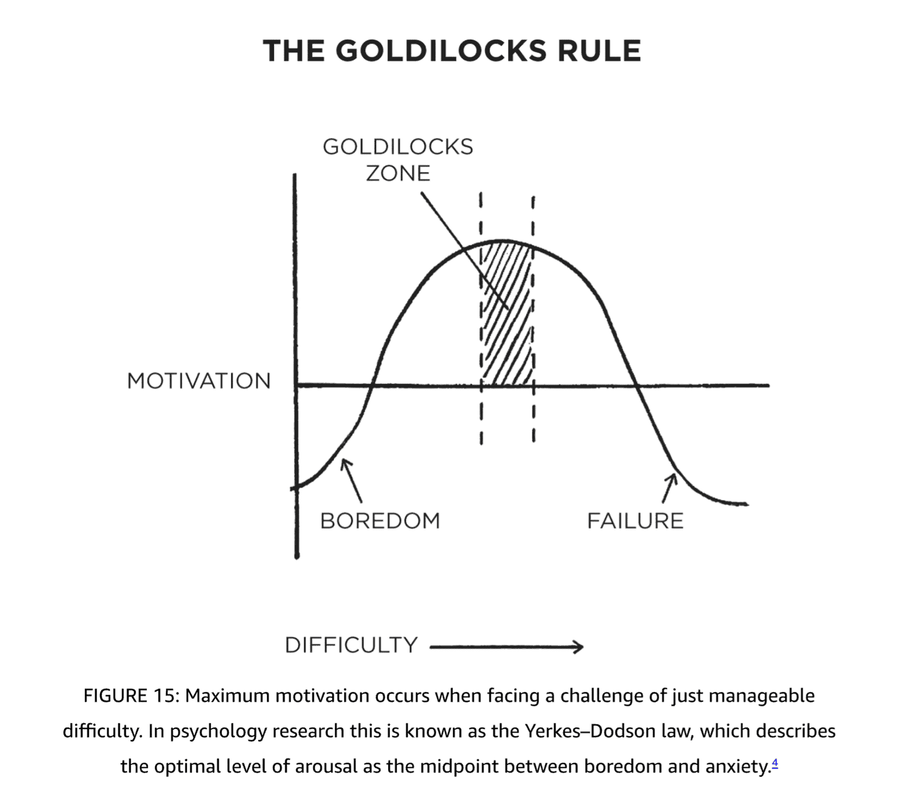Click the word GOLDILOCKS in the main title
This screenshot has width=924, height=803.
[441, 51]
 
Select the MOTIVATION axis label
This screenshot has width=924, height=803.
[199, 381]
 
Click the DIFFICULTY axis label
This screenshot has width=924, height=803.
[351, 645]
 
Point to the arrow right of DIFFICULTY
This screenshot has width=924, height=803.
[506, 647]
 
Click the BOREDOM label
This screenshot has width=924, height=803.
[380, 521]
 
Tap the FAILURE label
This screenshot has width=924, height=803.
[635, 521]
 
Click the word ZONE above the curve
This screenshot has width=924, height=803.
[398, 173]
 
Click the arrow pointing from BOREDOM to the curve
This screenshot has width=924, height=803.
[352, 480]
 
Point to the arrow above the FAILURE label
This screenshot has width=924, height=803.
[669, 488]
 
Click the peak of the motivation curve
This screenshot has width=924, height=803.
[502, 241]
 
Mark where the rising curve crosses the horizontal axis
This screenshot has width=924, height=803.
[372, 385]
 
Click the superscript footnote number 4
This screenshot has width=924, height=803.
[774, 763]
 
